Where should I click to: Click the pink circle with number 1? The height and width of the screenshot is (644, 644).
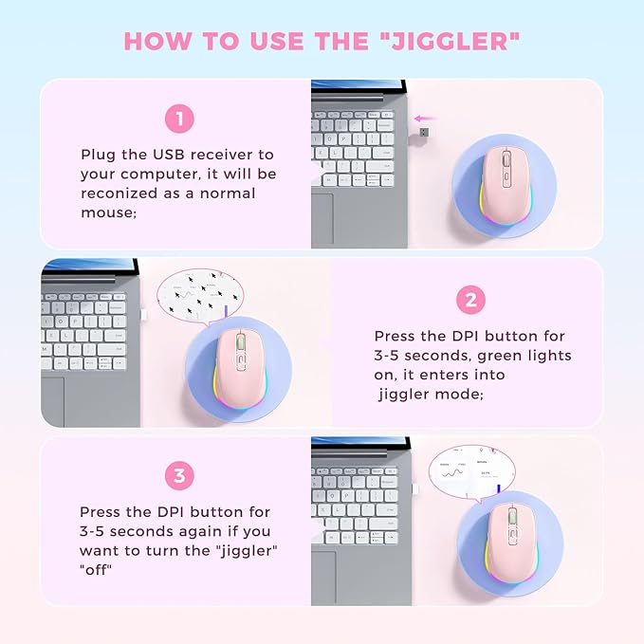tap(179, 120)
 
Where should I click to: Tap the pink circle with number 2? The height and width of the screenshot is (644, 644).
tap(471, 301)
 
